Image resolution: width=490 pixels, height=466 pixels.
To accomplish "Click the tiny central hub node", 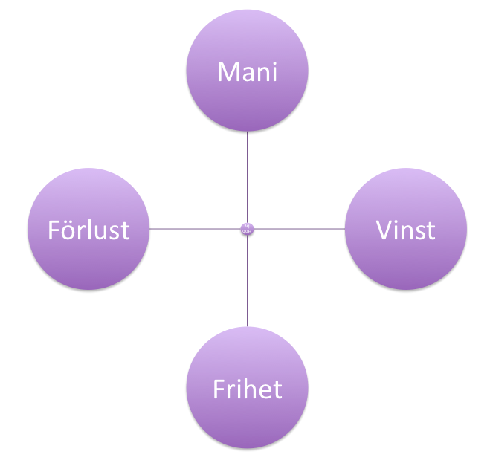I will click(x=247, y=229).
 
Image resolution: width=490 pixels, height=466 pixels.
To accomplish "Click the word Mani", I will click(x=246, y=72).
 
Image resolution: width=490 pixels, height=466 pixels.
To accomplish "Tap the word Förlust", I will click(x=88, y=230).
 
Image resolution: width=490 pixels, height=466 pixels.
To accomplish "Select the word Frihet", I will click(x=247, y=389).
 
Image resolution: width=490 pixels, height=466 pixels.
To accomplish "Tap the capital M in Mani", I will click(x=226, y=72).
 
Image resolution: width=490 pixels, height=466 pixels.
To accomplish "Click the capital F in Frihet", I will click(x=219, y=389).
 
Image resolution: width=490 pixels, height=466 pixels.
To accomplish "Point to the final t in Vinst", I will click(x=431, y=230).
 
